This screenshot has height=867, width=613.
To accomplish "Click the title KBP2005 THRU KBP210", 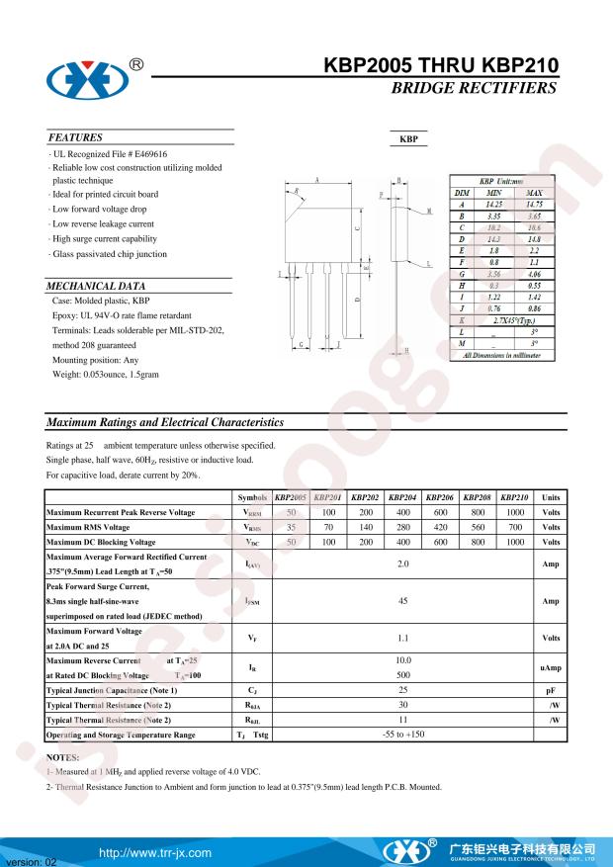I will (x=440, y=67).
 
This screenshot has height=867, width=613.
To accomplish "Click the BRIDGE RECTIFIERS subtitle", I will (x=474, y=89).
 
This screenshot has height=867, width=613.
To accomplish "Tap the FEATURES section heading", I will (x=75, y=137).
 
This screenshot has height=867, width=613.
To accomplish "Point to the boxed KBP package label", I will (x=407, y=140).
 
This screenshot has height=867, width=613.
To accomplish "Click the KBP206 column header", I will (x=440, y=497).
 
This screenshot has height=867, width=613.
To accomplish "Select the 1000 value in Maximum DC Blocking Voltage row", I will (x=514, y=542).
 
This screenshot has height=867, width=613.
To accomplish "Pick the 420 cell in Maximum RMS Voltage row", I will (x=440, y=527).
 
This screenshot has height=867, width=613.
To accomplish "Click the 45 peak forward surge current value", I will (x=402, y=600).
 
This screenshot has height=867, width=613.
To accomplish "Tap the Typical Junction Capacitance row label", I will (x=112, y=689).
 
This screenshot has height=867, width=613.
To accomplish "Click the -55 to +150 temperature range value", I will (x=402, y=735).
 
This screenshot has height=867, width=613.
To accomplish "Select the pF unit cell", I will (x=551, y=689).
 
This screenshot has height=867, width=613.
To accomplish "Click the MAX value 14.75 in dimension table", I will (x=533, y=203).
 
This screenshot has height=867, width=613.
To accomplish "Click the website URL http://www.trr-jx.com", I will (x=155, y=851).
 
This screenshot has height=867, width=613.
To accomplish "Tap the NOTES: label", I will (x=62, y=755).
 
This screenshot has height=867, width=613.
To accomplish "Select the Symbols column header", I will (x=252, y=497).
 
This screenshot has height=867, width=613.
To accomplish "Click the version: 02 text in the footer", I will (x=32, y=860).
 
